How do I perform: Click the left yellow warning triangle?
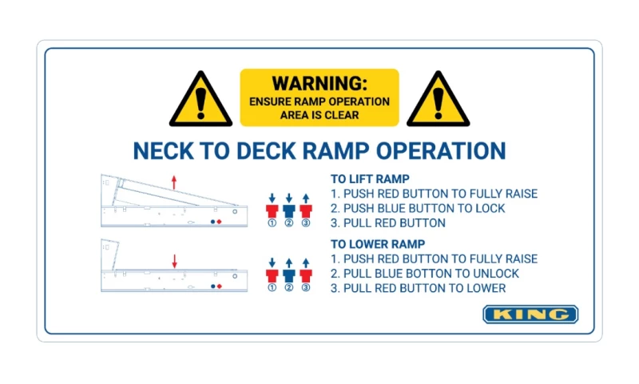pyautogui.click(x=200, y=102)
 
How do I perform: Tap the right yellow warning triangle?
pyautogui.click(x=438, y=102)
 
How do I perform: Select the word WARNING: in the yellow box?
pyautogui.click(x=319, y=83)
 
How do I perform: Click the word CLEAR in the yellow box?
pyautogui.click(x=343, y=115)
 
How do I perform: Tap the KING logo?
pyautogui.click(x=530, y=314)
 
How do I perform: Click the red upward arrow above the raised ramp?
pyautogui.click(x=174, y=182)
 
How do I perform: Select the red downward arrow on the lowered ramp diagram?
pyautogui.click(x=174, y=261)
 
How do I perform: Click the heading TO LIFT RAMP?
pyautogui.click(x=371, y=179)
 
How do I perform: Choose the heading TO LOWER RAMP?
pyautogui.click(x=378, y=244)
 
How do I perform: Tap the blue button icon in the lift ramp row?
pyautogui.click(x=288, y=210)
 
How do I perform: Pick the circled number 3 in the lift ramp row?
pyautogui.click(x=305, y=223)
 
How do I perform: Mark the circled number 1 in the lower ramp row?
pyautogui.click(x=272, y=288)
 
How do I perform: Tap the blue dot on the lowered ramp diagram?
pyautogui.click(x=212, y=286)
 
